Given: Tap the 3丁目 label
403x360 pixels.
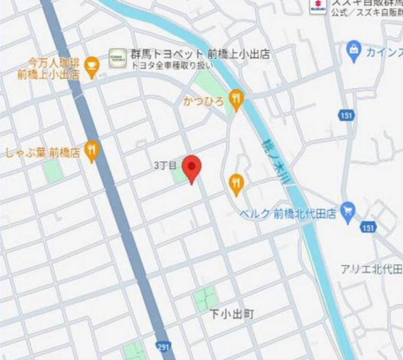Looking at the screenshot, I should click(x=165, y=166).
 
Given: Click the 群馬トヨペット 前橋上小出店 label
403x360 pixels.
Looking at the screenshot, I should click(x=200, y=54).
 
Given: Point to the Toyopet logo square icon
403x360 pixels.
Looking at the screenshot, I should click(x=118, y=58).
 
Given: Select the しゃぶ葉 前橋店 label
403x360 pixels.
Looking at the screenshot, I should click(x=43, y=152).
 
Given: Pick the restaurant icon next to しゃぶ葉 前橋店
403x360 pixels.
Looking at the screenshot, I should click(x=93, y=151).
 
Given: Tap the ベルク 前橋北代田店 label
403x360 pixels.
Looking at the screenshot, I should click(x=287, y=214).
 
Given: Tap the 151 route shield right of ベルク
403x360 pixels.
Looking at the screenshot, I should click(x=367, y=227).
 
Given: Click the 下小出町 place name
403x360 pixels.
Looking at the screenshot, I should click(x=232, y=315).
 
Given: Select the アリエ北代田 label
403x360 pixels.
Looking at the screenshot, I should click(x=371, y=269).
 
